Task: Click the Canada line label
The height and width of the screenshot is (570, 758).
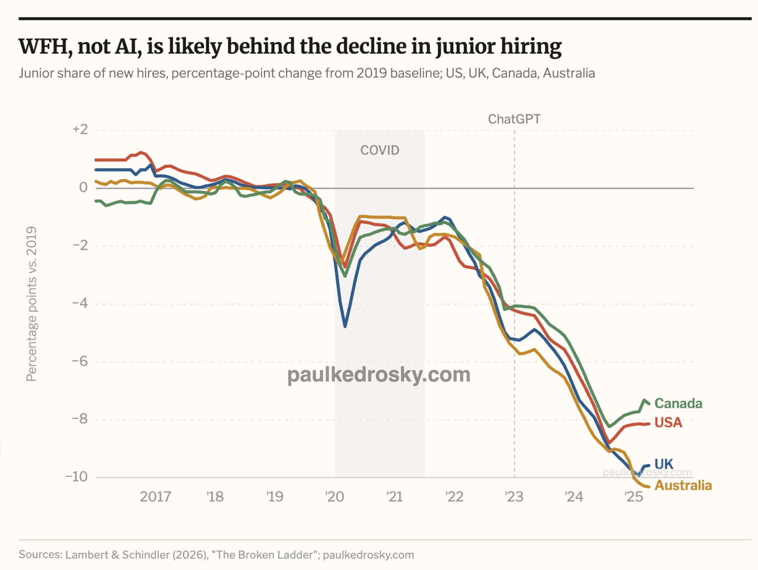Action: [x=678, y=403]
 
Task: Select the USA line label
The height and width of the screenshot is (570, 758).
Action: [x=668, y=423]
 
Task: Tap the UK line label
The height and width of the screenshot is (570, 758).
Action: [x=664, y=464]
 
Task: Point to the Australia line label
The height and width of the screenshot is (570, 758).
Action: [x=683, y=485]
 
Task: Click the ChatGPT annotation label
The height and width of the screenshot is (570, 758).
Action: [x=514, y=119]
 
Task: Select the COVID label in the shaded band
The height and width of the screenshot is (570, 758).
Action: [x=380, y=150]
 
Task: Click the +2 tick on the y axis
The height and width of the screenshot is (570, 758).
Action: [x=80, y=129]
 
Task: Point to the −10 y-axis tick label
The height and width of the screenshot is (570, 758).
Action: [x=77, y=476]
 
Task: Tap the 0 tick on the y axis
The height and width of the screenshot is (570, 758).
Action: [x=83, y=187]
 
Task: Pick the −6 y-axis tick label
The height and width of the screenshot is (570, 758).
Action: [x=80, y=361]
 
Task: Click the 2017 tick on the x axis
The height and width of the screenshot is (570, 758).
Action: [x=155, y=496]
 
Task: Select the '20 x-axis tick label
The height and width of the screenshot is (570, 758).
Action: [x=335, y=496]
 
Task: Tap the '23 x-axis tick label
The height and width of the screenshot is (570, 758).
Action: [x=514, y=496]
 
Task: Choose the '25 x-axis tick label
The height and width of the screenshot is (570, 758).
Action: [x=634, y=496]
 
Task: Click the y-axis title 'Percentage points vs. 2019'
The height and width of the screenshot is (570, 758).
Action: [x=31, y=304]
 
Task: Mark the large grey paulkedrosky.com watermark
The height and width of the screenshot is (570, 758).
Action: [x=379, y=375]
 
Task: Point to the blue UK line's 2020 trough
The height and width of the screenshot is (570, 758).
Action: [x=345, y=326]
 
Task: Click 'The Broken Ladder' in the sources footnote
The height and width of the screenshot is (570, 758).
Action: [x=265, y=555]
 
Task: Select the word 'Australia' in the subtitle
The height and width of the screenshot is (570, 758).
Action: [x=569, y=73]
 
